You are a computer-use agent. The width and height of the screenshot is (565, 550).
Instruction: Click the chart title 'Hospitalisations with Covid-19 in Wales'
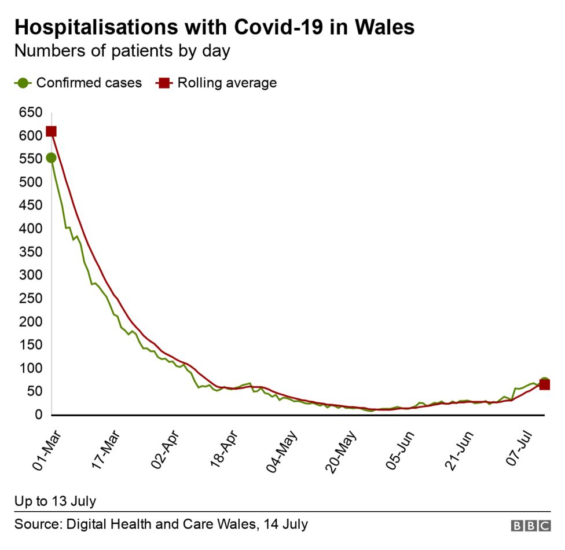tap(214, 27)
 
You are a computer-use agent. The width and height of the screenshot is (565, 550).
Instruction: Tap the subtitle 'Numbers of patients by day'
tap(122, 51)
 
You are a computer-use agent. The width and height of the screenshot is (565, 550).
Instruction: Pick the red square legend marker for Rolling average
tap(164, 83)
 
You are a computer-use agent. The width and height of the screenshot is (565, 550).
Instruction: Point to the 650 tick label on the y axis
tap(30, 112)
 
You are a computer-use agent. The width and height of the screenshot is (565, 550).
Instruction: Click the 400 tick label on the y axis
tap(30, 229)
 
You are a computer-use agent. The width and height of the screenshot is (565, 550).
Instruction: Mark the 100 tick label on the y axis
tap(30, 368)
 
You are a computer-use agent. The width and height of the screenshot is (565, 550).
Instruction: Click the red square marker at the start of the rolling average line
tap(51, 131)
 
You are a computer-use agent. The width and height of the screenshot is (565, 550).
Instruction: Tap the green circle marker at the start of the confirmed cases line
tap(51, 157)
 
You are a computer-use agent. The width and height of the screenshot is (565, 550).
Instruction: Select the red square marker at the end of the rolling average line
tap(544, 385)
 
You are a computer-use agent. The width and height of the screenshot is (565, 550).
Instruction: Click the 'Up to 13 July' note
tap(56, 501)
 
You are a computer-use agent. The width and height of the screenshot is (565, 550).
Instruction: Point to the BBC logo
tap(530, 526)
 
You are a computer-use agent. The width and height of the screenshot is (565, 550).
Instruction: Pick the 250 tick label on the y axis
tap(30, 299)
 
